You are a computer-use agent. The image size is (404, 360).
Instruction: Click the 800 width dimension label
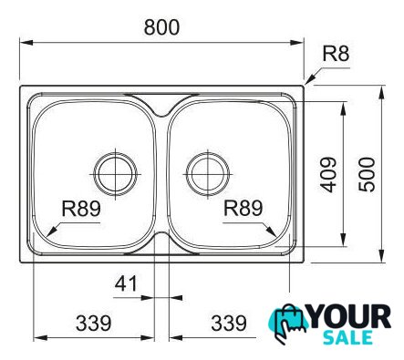(x=161, y=27)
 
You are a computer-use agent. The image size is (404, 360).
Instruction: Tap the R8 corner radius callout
(x=336, y=54)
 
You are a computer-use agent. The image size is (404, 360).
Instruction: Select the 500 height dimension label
(x=367, y=174)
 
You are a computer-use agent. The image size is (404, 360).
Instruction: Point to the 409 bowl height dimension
(x=328, y=174)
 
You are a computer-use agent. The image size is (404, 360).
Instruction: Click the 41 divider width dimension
(x=126, y=283)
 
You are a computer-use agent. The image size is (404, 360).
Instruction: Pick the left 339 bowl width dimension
(x=94, y=323)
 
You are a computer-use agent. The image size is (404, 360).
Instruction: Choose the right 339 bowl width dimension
(x=229, y=323)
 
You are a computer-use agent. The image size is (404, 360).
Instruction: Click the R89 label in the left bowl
(x=81, y=209)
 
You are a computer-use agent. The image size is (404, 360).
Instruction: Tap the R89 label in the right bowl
(x=243, y=208)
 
